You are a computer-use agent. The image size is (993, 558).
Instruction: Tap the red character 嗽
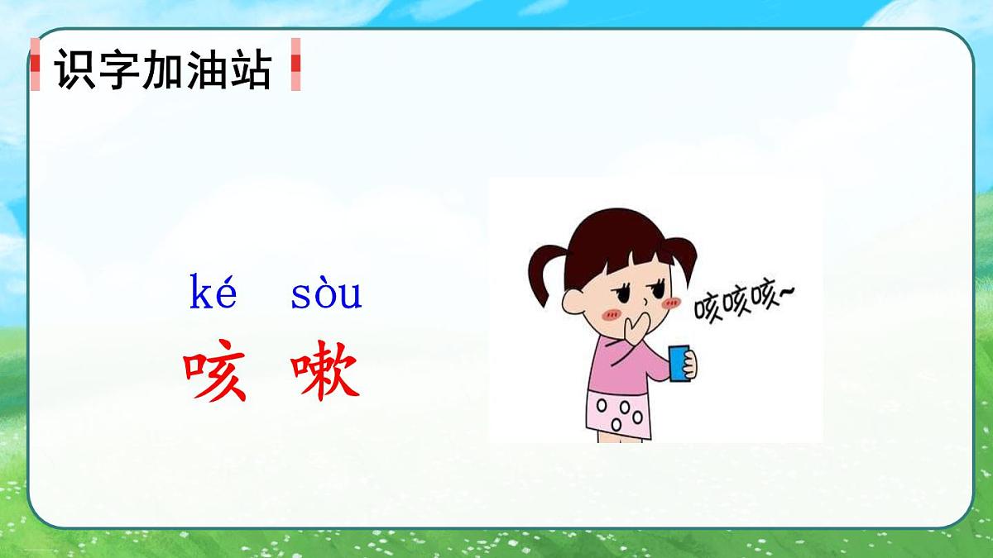326,374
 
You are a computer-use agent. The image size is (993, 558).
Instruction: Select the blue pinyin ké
213,294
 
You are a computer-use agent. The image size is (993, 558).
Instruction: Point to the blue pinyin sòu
326,295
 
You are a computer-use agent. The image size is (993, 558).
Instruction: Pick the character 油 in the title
208,70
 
